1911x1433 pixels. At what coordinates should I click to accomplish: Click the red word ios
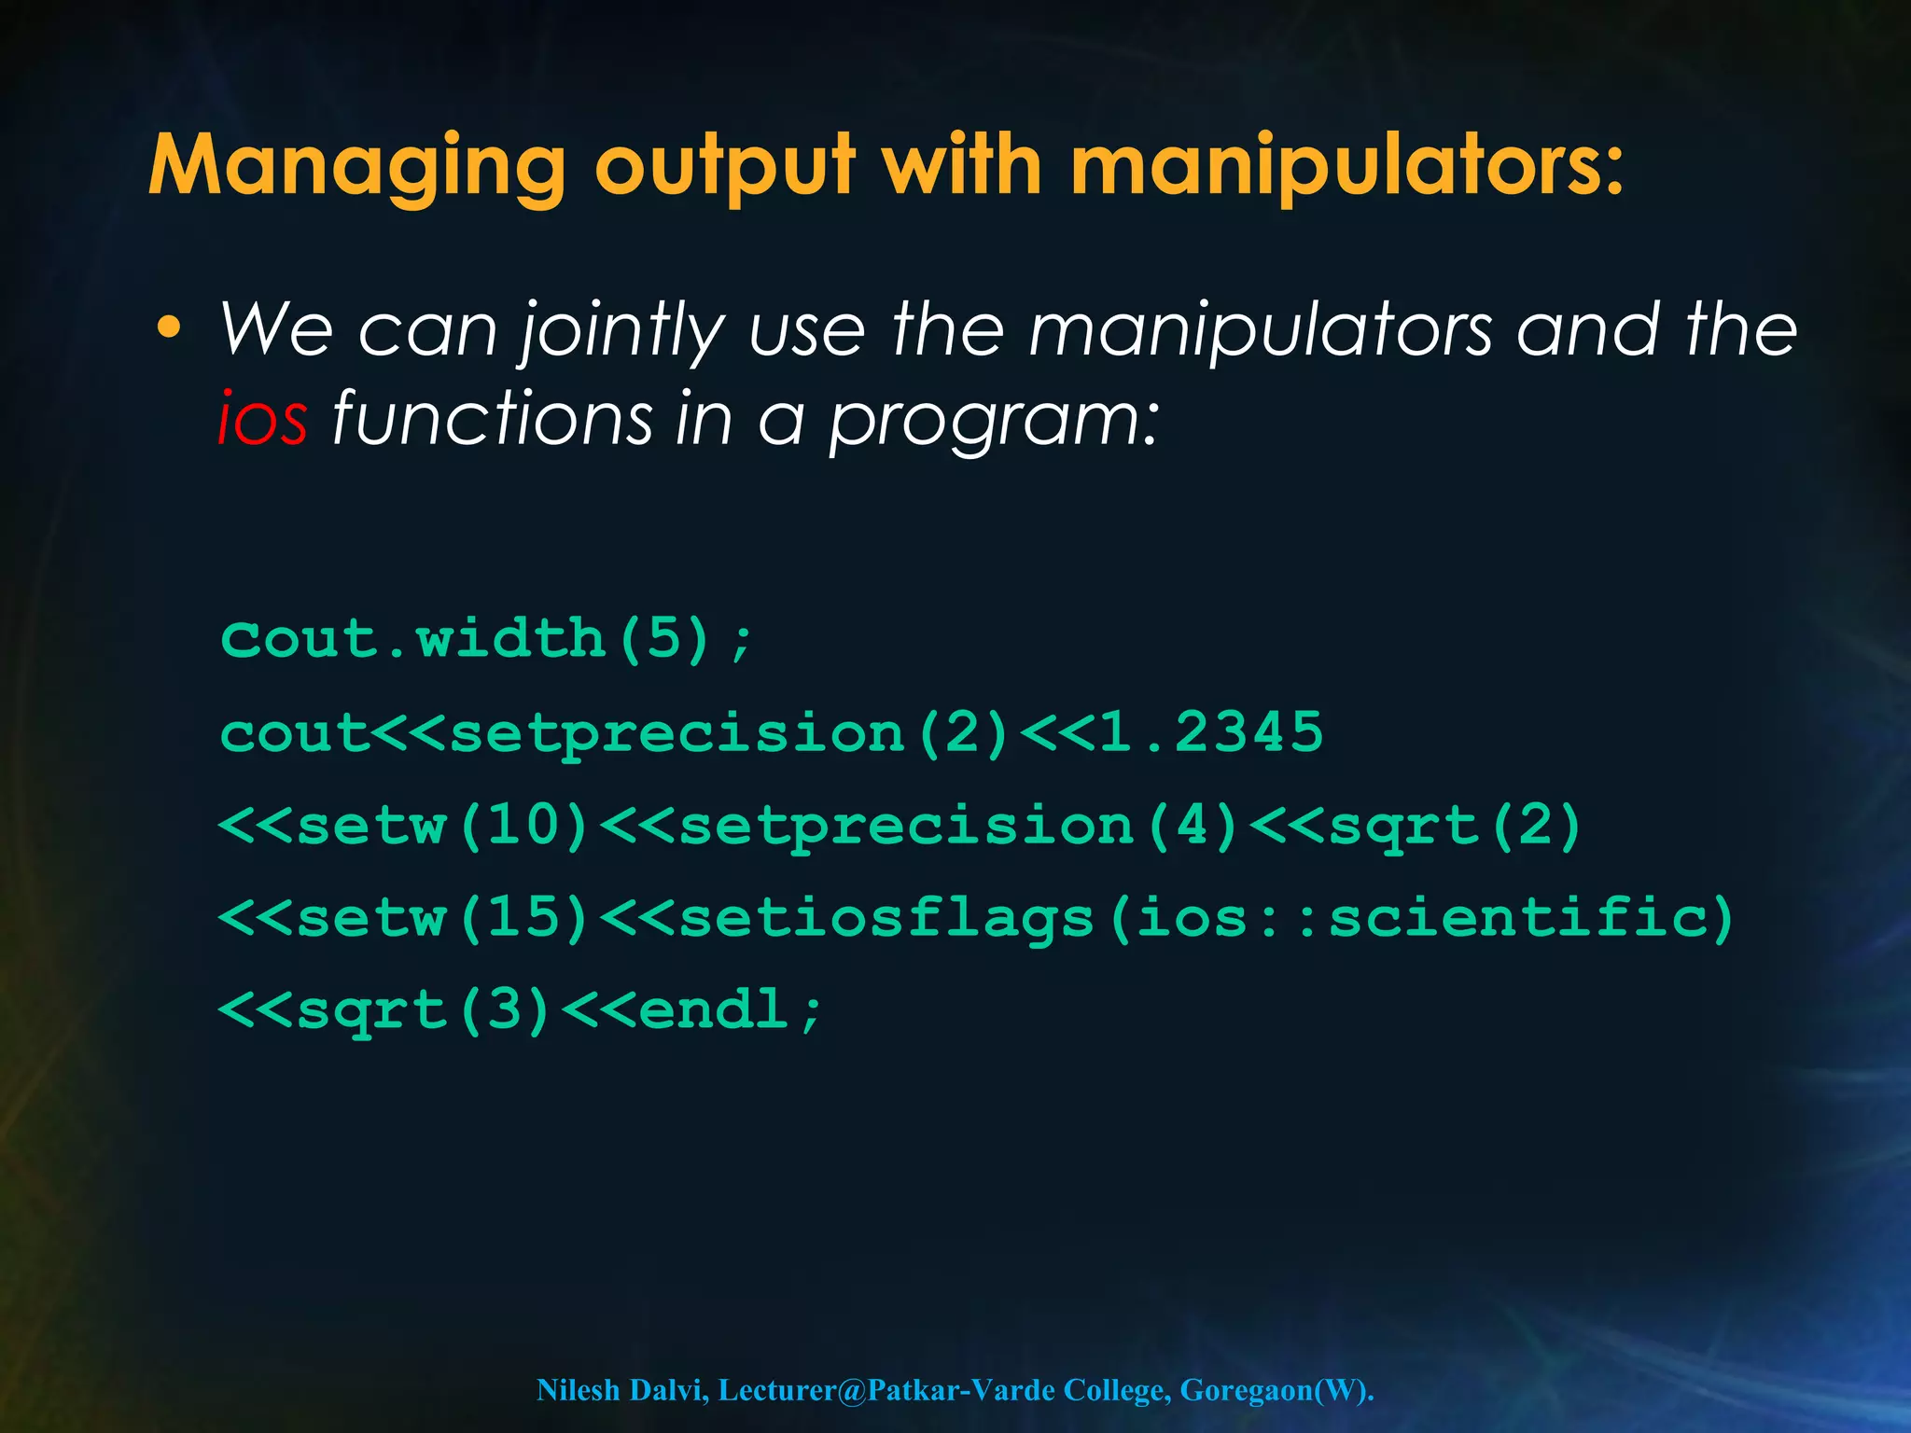(x=262, y=419)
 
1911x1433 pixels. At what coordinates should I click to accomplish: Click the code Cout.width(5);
(x=486, y=640)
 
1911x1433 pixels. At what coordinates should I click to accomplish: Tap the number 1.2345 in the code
(x=1211, y=732)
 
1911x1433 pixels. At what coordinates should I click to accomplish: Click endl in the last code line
(x=715, y=1009)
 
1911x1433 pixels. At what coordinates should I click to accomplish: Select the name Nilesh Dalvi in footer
(x=621, y=1390)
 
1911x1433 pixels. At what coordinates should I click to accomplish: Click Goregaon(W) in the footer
(x=1273, y=1390)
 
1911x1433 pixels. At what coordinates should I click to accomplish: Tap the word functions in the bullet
(x=492, y=419)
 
